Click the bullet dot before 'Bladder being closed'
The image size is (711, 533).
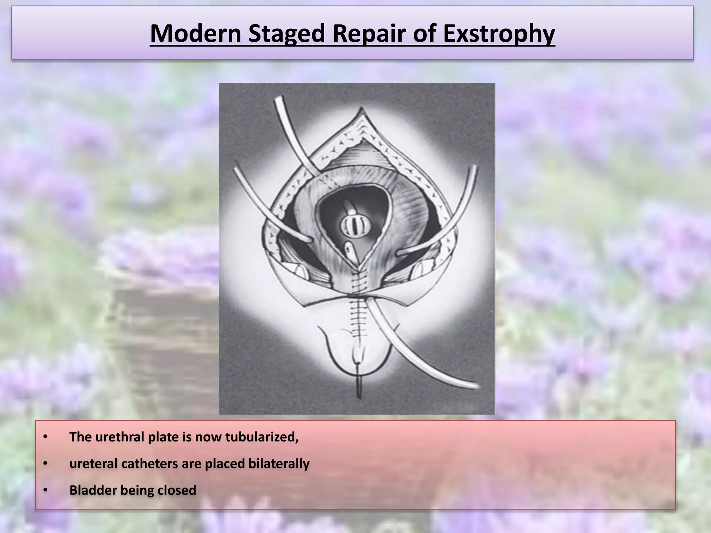pos(45,490)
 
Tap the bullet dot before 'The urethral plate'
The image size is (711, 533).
pos(45,437)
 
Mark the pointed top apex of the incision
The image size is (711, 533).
pos(362,109)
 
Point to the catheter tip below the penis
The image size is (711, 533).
pos(359,392)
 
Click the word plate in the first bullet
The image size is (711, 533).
pos(163,437)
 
